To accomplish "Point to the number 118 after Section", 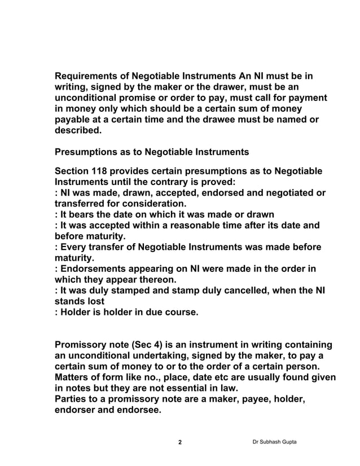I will (x=104, y=172).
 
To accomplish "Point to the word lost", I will (x=95, y=301).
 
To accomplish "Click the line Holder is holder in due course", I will (x=126, y=311).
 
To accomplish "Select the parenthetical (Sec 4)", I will (x=143, y=345).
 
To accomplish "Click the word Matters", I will (x=73, y=377).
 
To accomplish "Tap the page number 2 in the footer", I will (x=180, y=442).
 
